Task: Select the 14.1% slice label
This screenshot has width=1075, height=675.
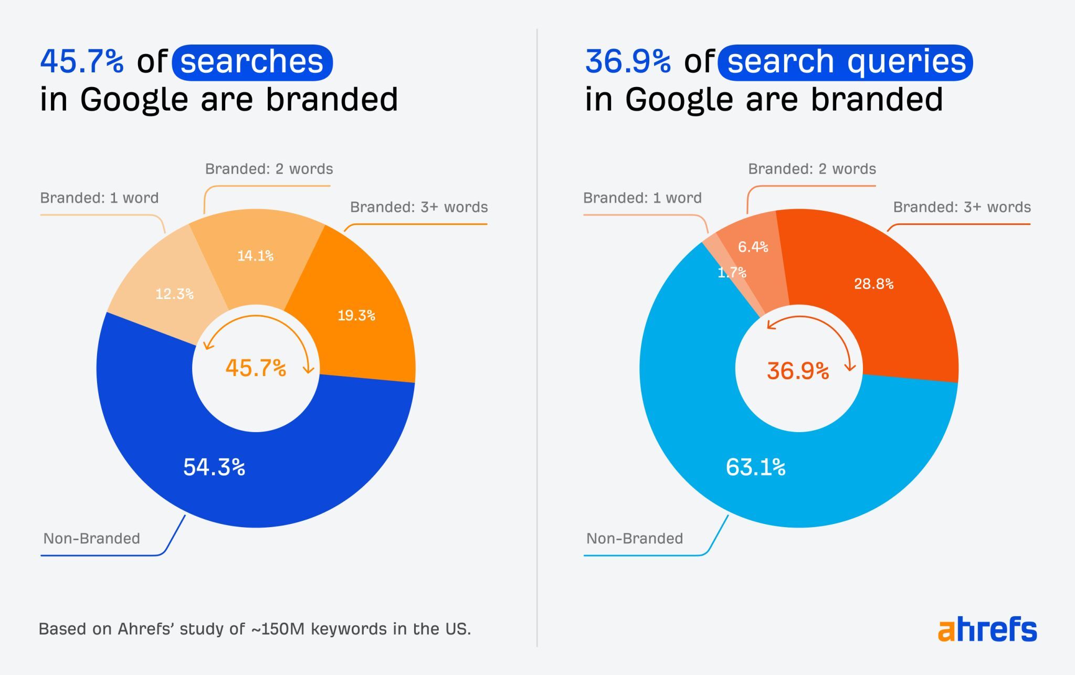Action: [255, 256]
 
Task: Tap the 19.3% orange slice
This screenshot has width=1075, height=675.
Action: [356, 315]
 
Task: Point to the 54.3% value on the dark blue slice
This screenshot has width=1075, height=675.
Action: [214, 467]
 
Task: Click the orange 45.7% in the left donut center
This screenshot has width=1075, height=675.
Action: [256, 368]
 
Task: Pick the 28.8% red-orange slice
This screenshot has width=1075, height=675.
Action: [873, 284]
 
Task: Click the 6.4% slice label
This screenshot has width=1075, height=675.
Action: [753, 247]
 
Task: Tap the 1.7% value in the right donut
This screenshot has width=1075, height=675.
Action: [732, 272]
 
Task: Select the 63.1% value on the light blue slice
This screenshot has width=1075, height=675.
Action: [755, 467]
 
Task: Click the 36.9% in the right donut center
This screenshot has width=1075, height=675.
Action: [798, 371]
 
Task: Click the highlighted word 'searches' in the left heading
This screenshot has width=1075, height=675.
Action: [252, 62]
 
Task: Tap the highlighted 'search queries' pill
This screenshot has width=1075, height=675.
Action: [845, 62]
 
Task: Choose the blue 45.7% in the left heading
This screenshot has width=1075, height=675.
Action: [82, 61]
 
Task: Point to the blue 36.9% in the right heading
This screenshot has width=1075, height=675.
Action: [628, 61]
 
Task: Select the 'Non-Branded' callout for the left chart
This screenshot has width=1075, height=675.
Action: [91, 539]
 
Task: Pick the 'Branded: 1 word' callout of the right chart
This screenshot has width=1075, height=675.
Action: [642, 198]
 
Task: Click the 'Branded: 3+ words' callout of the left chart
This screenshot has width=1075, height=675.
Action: [419, 207]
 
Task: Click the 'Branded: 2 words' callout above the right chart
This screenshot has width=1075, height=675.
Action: [811, 169]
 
